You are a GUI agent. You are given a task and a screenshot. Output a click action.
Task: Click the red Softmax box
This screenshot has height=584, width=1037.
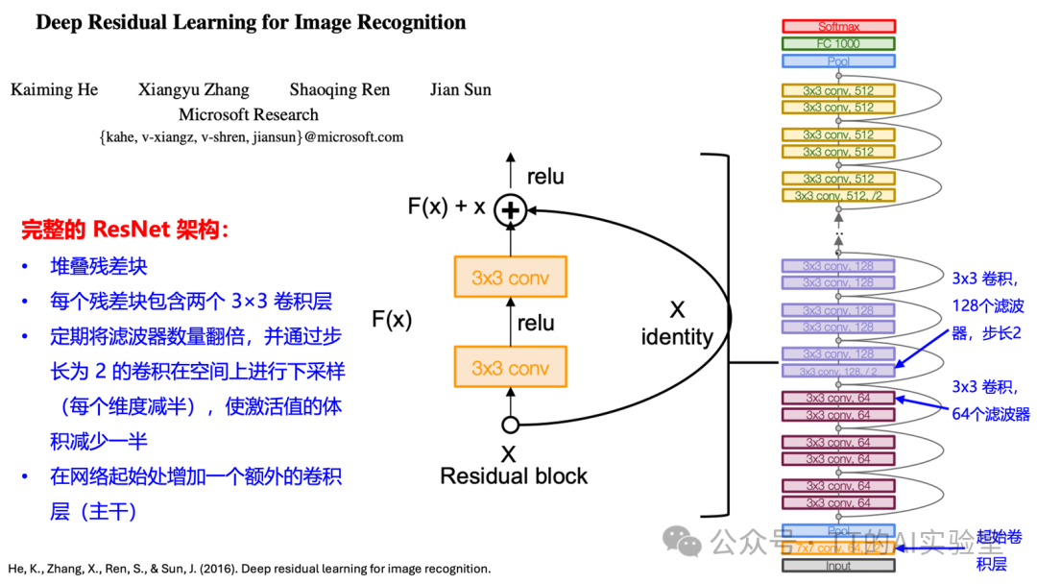coord(837,27)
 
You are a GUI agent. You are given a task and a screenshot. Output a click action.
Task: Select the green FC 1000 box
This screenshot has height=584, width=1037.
coord(837,43)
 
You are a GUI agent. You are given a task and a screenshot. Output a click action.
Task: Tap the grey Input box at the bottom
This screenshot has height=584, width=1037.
coord(837,566)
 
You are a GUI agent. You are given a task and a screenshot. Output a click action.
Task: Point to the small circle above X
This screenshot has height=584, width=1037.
coord(511,425)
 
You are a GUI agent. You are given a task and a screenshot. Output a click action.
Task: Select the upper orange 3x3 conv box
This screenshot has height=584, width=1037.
coord(510,278)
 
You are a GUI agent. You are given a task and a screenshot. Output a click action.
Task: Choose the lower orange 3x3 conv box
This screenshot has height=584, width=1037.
coord(510,368)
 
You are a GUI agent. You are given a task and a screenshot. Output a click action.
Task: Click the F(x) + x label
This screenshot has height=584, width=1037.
coord(446,207)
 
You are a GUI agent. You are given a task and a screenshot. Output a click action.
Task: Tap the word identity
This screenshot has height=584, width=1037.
coord(677,336)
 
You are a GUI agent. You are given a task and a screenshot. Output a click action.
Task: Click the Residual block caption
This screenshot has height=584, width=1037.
coord(514,475)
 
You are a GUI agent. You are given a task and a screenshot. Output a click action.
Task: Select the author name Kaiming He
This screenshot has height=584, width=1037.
coord(55,90)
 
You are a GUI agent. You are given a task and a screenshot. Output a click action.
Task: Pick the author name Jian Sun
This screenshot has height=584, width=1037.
coord(460,90)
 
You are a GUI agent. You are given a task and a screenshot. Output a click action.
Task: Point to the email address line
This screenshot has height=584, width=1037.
coord(251,137)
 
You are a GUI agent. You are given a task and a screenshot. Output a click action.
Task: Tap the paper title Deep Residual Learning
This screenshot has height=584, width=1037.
coord(251,23)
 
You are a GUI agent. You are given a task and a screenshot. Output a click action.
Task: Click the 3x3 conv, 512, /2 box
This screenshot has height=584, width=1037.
coord(837,196)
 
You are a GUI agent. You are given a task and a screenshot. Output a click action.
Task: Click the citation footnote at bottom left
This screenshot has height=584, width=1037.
coord(249,569)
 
